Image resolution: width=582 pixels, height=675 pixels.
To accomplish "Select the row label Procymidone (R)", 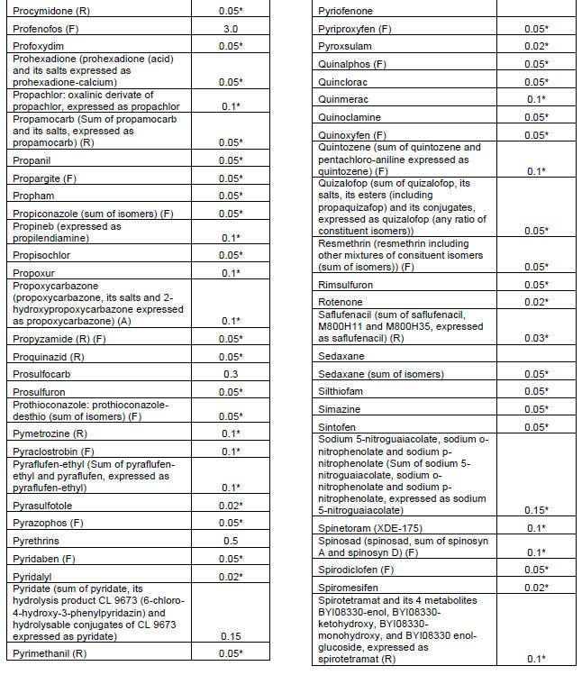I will (x=50, y=11).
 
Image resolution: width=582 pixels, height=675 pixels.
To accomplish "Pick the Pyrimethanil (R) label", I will (x=53, y=653).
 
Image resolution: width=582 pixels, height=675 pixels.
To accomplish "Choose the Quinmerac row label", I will (x=346, y=99).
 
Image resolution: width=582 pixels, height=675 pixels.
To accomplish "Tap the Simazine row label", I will (x=343, y=408).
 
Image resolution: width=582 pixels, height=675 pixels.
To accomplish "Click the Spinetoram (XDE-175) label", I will (x=368, y=527).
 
